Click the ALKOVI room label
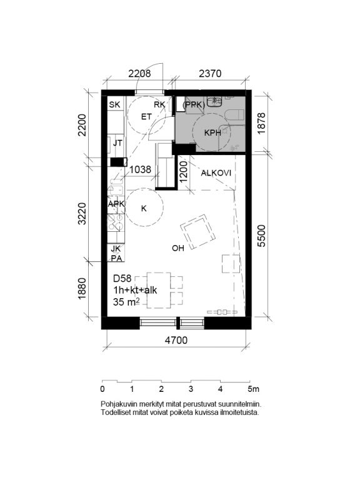click(216, 173)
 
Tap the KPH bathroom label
click(212, 132)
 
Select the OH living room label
click(178, 248)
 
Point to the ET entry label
click(146, 117)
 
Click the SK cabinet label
click(115, 104)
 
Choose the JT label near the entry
click(117, 142)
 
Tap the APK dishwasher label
click(116, 204)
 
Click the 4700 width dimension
click(176, 340)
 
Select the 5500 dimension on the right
click(262, 236)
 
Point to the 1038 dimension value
click(140, 169)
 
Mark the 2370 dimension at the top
click(210, 74)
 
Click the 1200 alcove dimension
click(183, 172)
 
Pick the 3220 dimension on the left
click(82, 213)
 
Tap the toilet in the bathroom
click(234, 116)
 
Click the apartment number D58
click(122, 278)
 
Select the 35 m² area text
click(126, 302)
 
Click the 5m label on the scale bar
click(254, 389)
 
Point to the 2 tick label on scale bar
click(161, 389)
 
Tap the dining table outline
click(159, 290)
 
